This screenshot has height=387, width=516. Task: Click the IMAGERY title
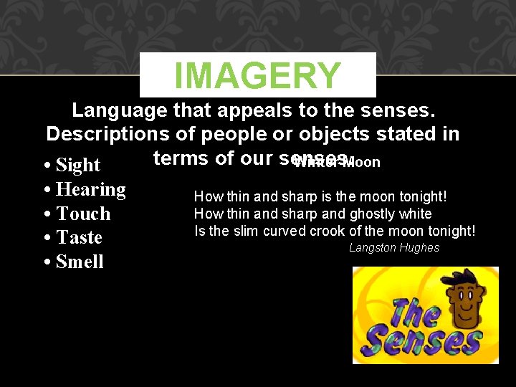(257, 75)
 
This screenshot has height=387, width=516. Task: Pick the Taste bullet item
(78, 238)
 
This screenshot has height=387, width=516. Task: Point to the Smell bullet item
(79, 262)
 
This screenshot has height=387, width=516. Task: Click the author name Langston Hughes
(394, 248)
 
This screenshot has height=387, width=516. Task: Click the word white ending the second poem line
(416, 214)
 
